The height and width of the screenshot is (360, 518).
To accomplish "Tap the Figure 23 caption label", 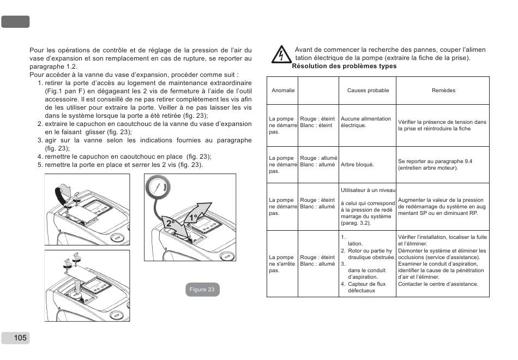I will (202, 290).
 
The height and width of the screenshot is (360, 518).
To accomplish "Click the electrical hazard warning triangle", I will (281, 55).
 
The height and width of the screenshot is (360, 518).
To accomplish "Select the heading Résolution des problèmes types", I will (344, 67).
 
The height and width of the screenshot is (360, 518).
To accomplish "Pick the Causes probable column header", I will (368, 91).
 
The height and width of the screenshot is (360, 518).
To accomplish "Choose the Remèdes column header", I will (443, 91).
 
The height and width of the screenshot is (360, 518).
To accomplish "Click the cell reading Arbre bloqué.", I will (357, 165).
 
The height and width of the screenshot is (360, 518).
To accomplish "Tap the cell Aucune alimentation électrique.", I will (366, 122).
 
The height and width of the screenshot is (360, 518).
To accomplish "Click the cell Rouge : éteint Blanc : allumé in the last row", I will (318, 261).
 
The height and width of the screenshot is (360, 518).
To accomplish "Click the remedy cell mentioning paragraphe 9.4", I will (435, 165).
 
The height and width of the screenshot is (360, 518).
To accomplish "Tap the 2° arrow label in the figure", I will (171, 224).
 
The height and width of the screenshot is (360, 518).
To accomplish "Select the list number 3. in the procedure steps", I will (40, 140).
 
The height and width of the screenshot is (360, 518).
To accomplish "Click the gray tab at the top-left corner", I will (15, 22).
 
